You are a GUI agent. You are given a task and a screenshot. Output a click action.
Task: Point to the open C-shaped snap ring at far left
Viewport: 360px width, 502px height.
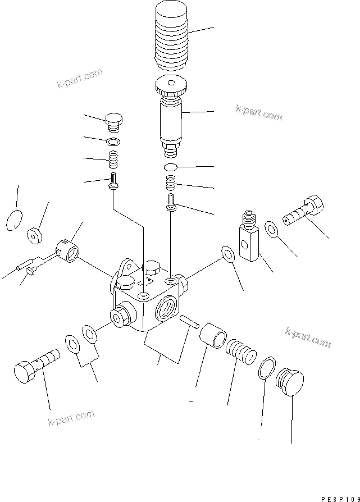[16, 219]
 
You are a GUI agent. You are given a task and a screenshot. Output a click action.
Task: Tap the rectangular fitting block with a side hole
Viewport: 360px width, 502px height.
[249, 239]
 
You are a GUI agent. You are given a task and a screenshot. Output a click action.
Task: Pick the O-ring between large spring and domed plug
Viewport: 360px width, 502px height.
[268, 368]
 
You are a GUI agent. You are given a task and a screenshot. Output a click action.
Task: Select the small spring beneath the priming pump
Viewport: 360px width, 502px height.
[170, 183]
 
